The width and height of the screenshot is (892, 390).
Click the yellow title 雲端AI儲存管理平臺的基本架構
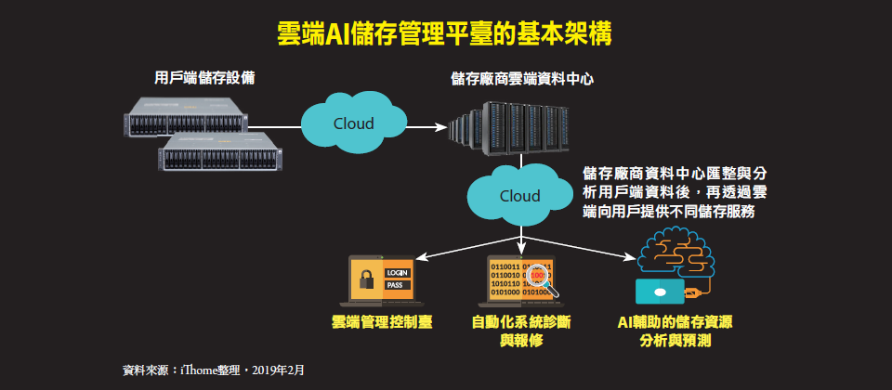[x=445, y=34]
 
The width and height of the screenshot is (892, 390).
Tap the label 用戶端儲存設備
[x=205, y=78]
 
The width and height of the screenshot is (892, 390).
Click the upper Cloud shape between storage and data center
[x=353, y=123]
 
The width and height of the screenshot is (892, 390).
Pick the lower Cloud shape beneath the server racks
[x=519, y=196]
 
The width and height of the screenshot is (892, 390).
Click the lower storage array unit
[x=219, y=153]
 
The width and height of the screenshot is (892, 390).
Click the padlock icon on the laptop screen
[x=367, y=277]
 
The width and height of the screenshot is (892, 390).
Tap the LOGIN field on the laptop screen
[x=397, y=272]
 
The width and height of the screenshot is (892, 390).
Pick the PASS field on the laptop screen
[x=394, y=285]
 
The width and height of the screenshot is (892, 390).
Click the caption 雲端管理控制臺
[x=380, y=323]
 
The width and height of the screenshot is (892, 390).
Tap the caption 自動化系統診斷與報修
[x=520, y=331]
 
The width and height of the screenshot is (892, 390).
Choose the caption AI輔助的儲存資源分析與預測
[x=676, y=331]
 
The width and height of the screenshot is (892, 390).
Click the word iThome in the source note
[x=202, y=370]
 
